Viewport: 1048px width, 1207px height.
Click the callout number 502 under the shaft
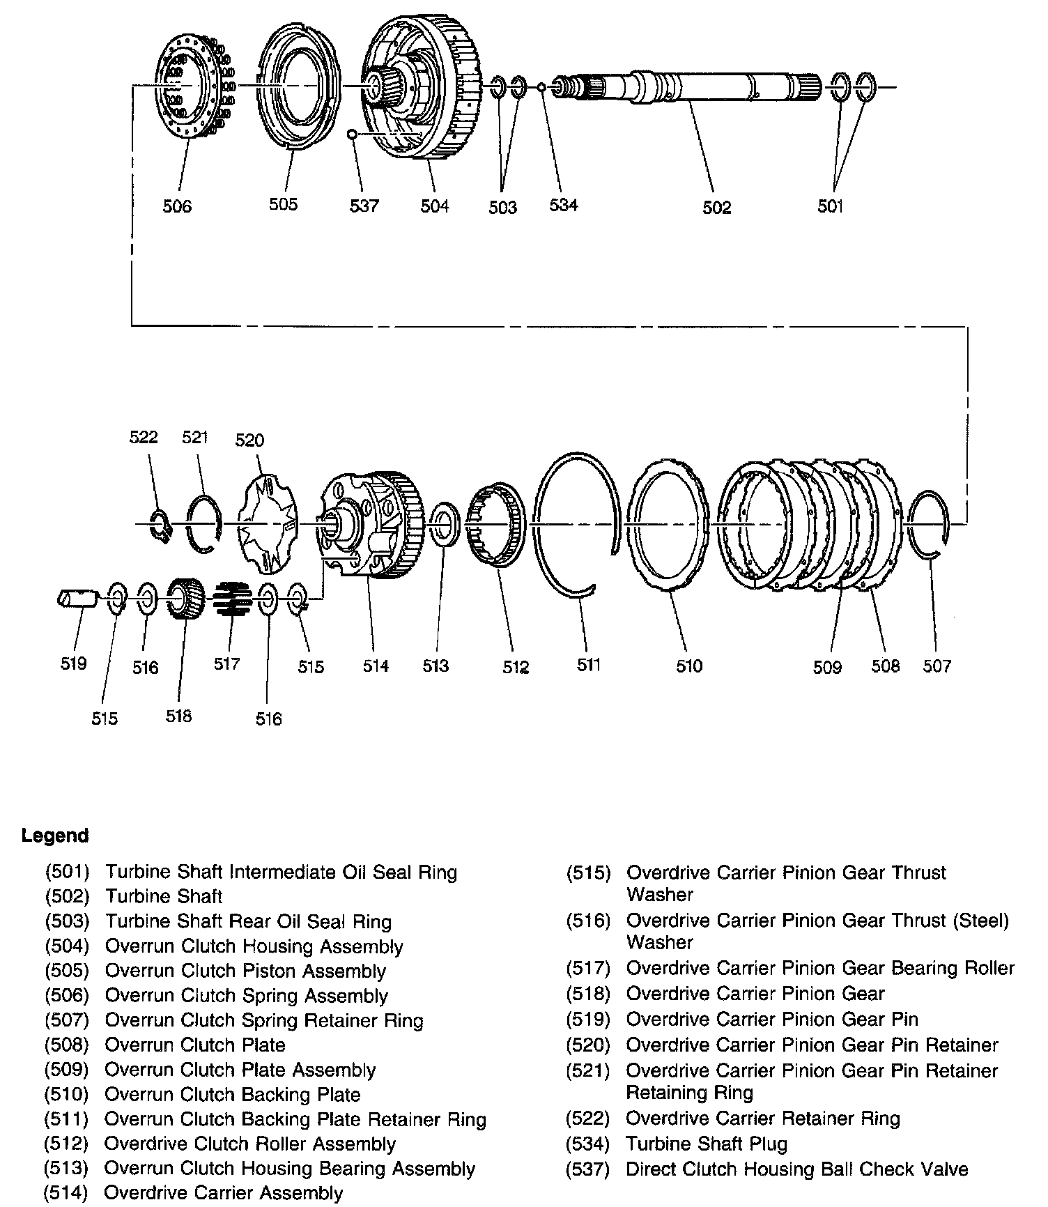[x=716, y=207]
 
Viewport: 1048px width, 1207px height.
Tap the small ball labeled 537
[x=353, y=134]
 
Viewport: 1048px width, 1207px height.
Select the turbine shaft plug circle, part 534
[x=541, y=87]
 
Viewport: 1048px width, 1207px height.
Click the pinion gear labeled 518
[x=185, y=599]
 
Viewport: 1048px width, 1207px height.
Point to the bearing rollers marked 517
[x=232, y=599]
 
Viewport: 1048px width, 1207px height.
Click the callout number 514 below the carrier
[x=375, y=666]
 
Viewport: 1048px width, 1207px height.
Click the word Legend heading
[x=55, y=836]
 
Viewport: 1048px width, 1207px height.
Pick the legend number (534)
[x=589, y=1144]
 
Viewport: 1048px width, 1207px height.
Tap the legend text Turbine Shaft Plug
[x=707, y=1144]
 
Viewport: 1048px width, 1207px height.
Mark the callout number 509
[x=827, y=667]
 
